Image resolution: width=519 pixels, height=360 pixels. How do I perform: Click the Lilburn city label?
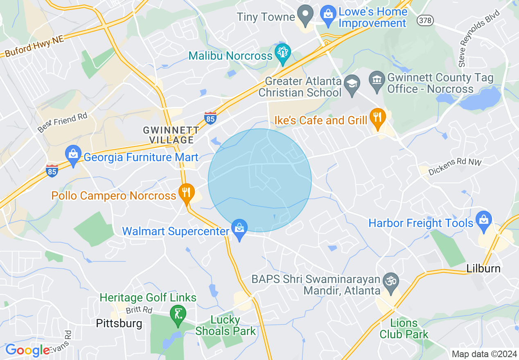[x=483, y=269]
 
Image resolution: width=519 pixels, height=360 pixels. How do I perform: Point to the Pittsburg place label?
[x=119, y=324]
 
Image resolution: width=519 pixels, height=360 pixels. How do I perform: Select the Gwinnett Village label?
[x=171, y=135]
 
